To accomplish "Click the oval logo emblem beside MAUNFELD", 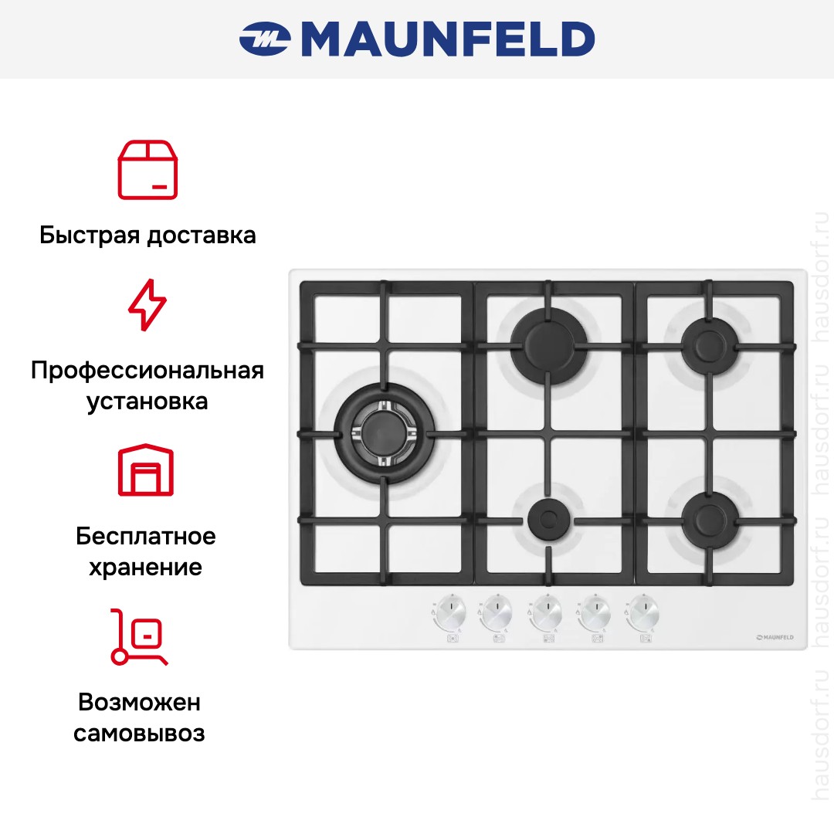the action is [x=265, y=39].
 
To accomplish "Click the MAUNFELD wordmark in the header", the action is [x=448, y=39].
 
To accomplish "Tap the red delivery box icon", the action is [x=147, y=170].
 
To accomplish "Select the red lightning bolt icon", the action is [x=147, y=305].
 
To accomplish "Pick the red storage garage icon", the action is [x=146, y=470].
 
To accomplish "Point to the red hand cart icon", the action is [x=138, y=636].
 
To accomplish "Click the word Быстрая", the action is [x=90, y=235].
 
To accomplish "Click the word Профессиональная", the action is [x=147, y=371].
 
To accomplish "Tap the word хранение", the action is [x=145, y=568].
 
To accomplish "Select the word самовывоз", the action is [x=139, y=734].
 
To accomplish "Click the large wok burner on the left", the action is [x=384, y=434].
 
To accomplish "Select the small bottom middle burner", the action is [x=549, y=519].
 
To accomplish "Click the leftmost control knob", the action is [x=450, y=612].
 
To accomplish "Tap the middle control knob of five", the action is [x=547, y=612].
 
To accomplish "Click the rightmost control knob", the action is [x=643, y=612].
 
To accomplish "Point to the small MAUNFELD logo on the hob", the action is [x=775, y=637].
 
